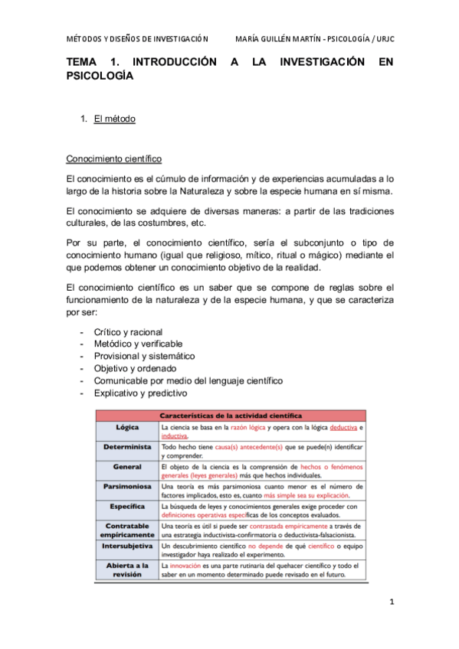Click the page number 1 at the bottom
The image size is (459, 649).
(x=391, y=602)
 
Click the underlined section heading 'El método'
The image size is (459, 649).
(x=114, y=119)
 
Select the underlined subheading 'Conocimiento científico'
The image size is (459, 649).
(x=114, y=159)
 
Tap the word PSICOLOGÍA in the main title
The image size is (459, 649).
(x=100, y=77)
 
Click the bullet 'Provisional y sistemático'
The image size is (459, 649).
(x=144, y=357)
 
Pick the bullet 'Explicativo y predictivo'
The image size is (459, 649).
(x=140, y=393)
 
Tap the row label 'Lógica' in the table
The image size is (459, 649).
(x=127, y=426)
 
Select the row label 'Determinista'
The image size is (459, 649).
(x=127, y=446)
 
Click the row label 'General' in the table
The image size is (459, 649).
(x=127, y=466)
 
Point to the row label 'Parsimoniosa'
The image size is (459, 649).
(x=127, y=486)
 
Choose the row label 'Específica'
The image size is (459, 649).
(x=127, y=507)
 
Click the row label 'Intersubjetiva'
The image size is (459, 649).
(x=127, y=546)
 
